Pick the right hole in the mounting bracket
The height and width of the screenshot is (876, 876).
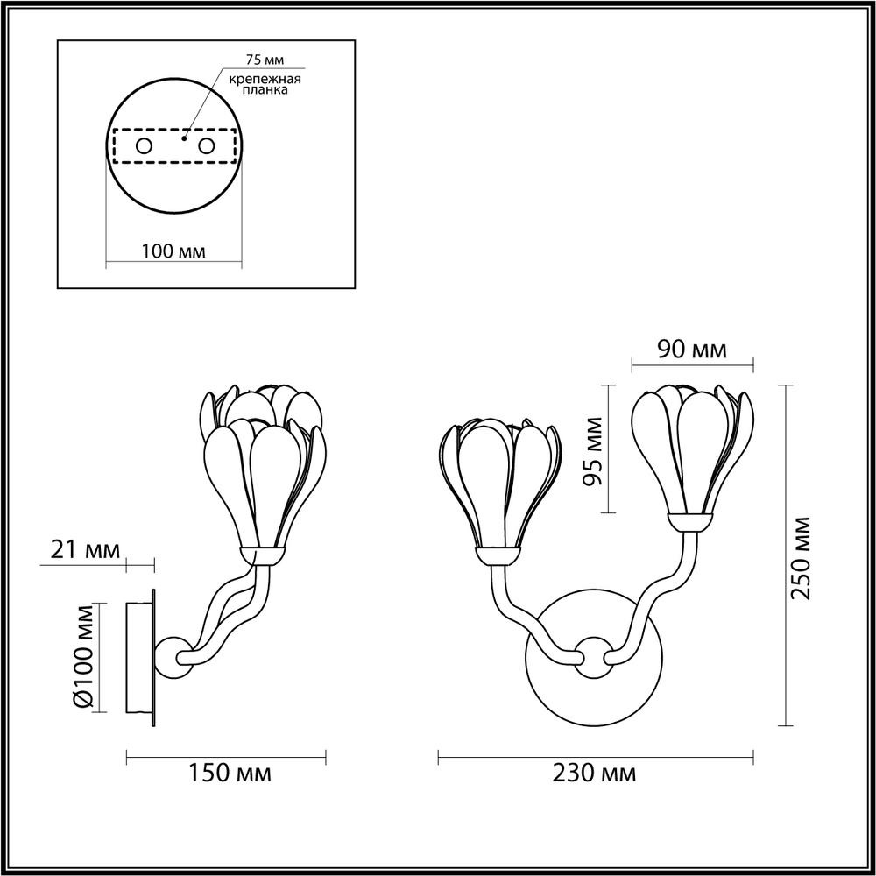(207, 146)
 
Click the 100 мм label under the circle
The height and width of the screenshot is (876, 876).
(173, 251)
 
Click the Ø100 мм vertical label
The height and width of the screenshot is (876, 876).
(83, 656)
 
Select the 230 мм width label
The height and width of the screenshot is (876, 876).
(594, 774)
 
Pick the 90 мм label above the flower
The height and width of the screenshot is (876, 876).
(692, 350)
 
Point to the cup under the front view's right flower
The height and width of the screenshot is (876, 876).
(690, 522)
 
